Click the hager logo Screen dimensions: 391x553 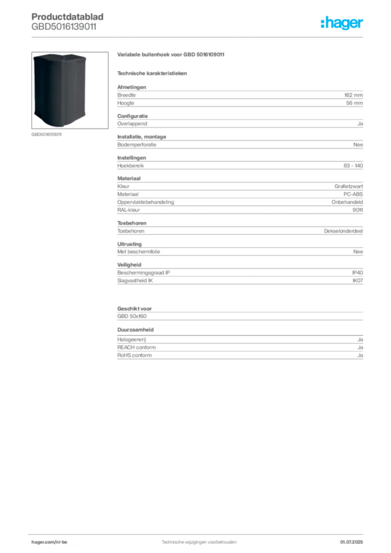[x=341, y=23]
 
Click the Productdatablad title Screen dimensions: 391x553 [x=68, y=17]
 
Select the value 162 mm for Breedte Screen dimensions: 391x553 [x=353, y=95]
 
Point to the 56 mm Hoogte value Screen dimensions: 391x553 [x=354, y=103]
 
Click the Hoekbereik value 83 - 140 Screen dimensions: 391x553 [x=353, y=165]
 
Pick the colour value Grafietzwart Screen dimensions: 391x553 [x=348, y=186]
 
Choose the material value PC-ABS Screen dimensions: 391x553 [x=353, y=194]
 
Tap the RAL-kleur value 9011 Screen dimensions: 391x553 [x=358, y=210]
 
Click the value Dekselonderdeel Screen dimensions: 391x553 [x=343, y=231]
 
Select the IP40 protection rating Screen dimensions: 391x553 [x=357, y=273]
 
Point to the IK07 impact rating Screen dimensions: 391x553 [x=358, y=281]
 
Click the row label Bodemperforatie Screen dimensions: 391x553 [x=137, y=145]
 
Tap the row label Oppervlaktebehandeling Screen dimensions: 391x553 [x=146, y=202]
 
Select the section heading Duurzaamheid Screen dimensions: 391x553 [x=136, y=330]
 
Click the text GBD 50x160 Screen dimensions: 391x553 [x=132, y=316]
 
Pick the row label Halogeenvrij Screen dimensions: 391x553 [x=132, y=340]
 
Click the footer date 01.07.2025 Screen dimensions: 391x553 [x=352, y=542]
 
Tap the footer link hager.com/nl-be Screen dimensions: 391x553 [x=49, y=542]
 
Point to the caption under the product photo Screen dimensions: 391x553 [x=46, y=134]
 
